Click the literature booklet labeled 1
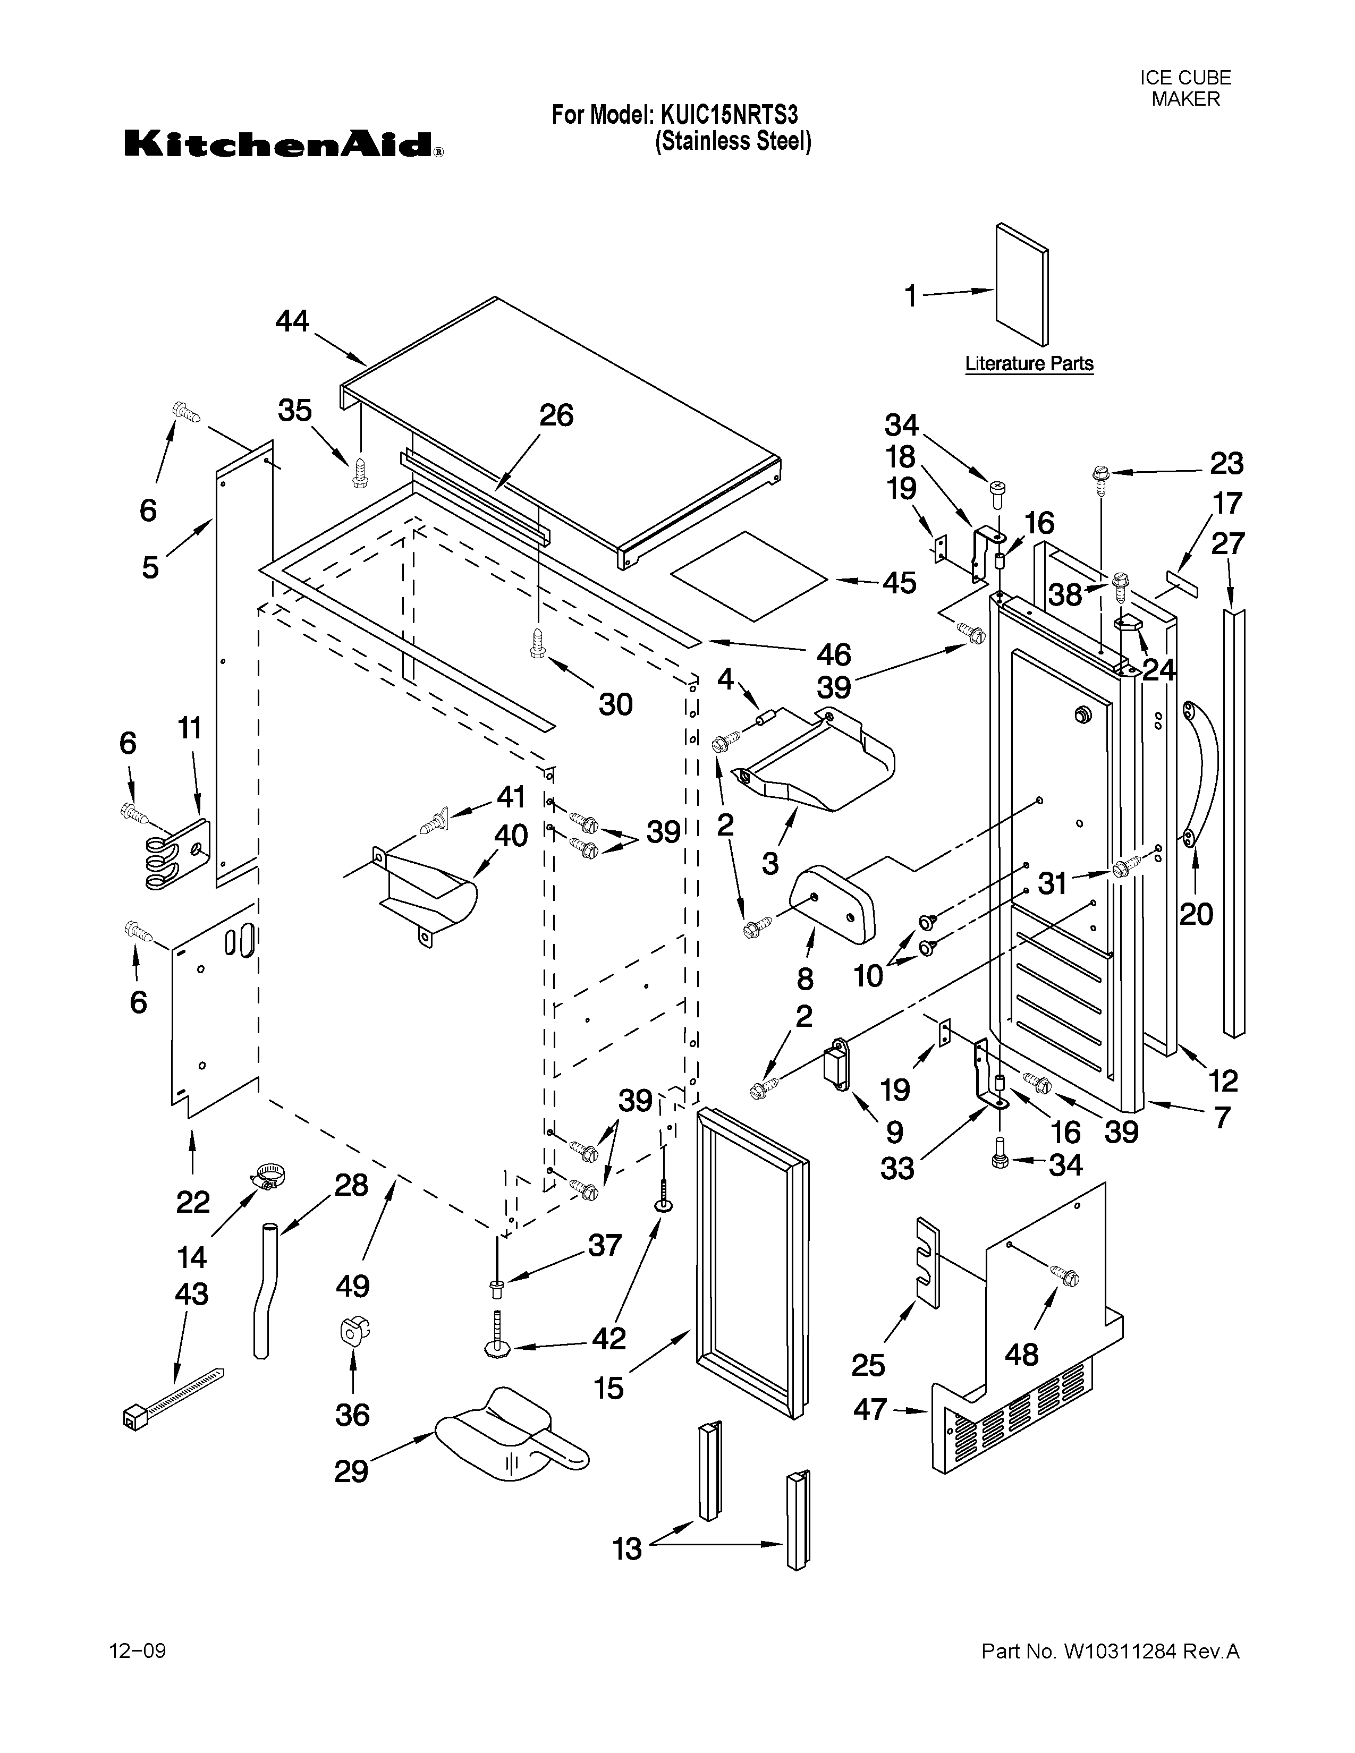pos(1022,285)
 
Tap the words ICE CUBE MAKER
pos(1185,88)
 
